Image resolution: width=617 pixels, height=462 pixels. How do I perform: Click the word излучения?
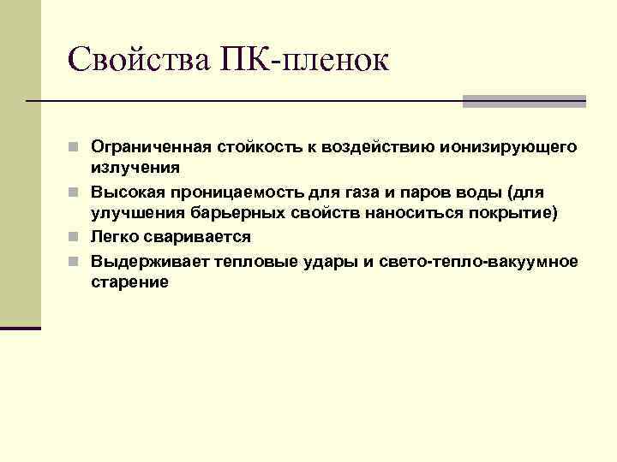coord(135,169)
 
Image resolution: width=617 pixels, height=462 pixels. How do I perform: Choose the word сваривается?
coord(198,237)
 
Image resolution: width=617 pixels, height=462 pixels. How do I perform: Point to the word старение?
coord(129,281)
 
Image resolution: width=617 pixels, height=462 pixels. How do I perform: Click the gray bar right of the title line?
coord(524,101)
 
